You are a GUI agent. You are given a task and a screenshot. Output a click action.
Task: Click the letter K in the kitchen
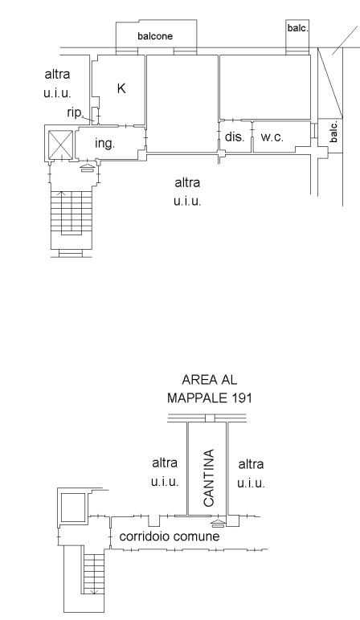121,88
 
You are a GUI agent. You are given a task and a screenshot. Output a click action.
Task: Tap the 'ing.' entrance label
104,143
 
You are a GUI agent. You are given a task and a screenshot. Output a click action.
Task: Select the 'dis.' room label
235,137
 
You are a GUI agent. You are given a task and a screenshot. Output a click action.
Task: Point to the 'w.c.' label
272,137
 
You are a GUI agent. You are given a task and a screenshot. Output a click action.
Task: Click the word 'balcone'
155,36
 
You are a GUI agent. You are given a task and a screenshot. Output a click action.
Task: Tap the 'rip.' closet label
76,112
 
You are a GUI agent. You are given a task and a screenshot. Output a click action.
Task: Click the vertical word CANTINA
208,478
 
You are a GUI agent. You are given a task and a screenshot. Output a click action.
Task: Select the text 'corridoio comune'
170,536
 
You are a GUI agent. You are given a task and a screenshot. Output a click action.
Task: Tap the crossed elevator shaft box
60,145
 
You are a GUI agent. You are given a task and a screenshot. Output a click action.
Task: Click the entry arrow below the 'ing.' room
88,168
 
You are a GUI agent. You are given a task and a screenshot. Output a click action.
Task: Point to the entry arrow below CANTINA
218,524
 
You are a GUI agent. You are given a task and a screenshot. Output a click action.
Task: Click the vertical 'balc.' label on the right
334,132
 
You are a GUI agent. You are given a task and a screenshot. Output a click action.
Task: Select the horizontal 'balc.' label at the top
298,28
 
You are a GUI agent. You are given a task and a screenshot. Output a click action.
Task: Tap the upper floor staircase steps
72,212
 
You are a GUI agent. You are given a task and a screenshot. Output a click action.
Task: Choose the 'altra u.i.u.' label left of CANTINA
165,472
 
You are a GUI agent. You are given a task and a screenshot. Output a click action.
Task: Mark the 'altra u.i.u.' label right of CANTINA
252,473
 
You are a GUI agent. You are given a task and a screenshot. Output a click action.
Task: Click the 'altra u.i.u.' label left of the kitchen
57,84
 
